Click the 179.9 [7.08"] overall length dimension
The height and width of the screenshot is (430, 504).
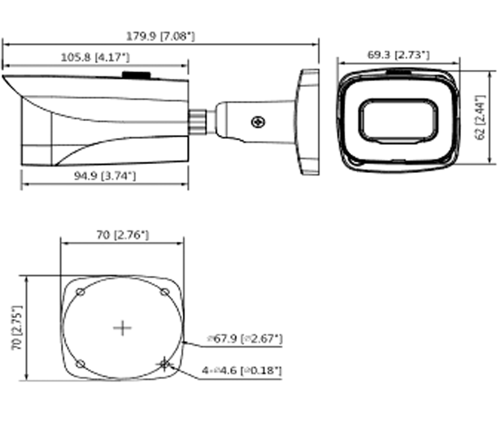(x=160, y=36)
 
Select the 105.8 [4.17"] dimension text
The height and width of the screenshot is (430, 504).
(x=95, y=57)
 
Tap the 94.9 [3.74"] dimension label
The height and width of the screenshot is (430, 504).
(x=104, y=176)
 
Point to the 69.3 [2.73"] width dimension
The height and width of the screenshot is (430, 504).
(x=398, y=55)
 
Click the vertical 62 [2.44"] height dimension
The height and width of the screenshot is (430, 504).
(x=480, y=117)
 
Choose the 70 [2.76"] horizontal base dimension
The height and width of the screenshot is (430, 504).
(x=122, y=235)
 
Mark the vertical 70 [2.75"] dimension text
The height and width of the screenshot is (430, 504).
(x=17, y=328)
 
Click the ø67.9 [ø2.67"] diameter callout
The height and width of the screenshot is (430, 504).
(x=245, y=339)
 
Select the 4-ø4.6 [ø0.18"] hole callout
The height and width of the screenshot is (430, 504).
(x=242, y=371)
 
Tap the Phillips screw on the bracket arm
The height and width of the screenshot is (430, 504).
(x=258, y=122)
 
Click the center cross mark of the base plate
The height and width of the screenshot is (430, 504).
(x=122, y=328)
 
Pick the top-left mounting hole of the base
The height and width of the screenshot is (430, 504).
(x=80, y=292)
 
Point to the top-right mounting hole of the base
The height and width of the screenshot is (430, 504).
(x=164, y=292)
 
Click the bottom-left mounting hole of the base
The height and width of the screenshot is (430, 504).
(x=80, y=363)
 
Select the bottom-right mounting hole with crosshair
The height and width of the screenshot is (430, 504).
(x=164, y=363)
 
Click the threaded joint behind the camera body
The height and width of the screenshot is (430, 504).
(x=198, y=122)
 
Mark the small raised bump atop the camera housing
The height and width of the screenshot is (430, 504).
(x=136, y=75)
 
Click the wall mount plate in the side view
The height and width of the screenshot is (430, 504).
(x=309, y=122)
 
